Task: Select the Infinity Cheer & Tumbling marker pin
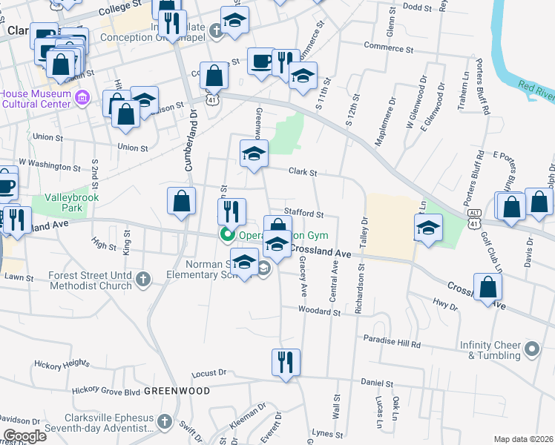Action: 531,348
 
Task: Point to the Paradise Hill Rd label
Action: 392,344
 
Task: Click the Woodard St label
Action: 320,311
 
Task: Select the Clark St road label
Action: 303,172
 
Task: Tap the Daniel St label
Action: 376,383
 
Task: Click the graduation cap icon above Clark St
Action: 254,154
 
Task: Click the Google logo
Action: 24,436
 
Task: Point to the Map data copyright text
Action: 523,439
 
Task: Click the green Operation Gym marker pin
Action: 226,236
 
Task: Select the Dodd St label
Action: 417,7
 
